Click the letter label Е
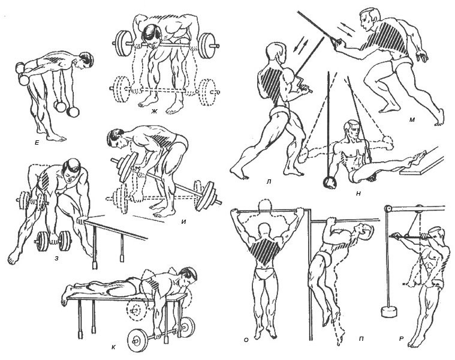37,143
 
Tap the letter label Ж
154,111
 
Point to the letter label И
183,222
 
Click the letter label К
113,347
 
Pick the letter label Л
269,182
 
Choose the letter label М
412,119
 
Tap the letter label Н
358,194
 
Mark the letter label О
246,340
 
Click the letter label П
361,338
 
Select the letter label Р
402,338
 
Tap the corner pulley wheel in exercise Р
387,209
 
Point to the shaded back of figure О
265,250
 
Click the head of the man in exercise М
369,18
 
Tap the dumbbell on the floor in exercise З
53,241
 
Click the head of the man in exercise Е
86,61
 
